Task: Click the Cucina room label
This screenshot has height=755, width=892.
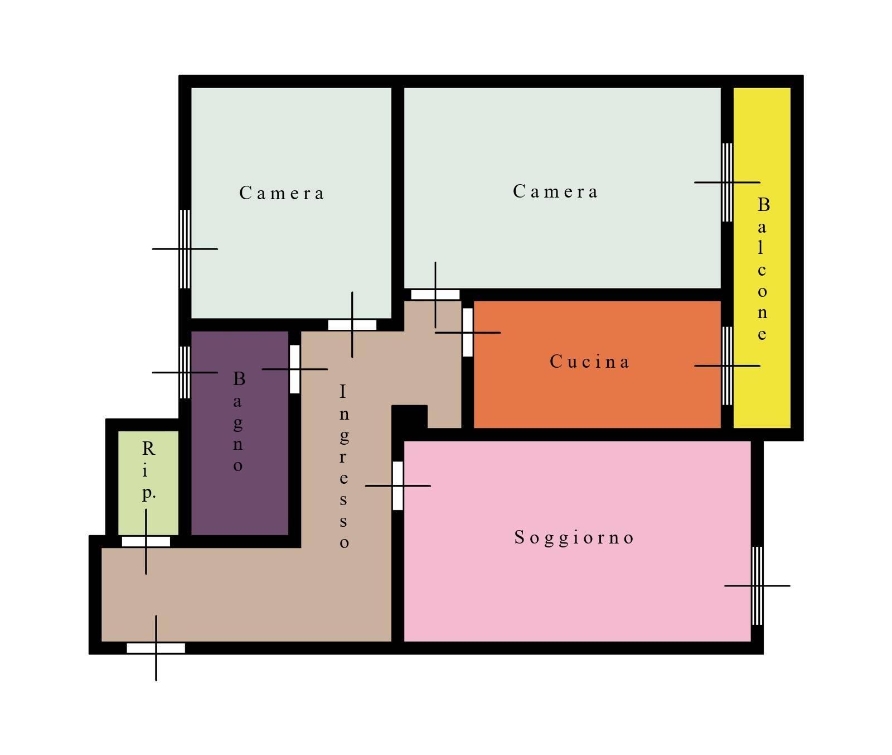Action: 589,362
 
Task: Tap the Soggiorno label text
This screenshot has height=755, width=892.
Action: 574,537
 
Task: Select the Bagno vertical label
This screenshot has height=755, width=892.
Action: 239,421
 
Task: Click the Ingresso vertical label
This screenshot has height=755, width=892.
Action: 344,465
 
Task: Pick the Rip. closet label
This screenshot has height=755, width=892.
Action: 148,470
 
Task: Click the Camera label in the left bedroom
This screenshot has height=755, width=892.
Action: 281,193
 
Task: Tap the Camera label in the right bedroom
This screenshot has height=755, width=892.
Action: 555,191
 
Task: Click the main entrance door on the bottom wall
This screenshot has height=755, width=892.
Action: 156,648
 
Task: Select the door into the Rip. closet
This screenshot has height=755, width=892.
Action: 146,541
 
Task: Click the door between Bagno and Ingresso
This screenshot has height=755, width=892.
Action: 295,369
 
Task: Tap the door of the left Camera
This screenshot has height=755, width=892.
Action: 352,325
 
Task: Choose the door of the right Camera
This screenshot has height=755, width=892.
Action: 435,295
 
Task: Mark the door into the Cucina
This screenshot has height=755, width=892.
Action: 468,332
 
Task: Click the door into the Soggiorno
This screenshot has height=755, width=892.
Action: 397,485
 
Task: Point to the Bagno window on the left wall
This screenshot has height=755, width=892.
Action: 185,372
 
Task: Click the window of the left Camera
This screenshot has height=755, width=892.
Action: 185,249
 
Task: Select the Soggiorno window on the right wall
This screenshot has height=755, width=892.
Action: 757,586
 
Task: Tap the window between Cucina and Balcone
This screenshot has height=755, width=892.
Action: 727,366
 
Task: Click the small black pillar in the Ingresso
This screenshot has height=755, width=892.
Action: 410,417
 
